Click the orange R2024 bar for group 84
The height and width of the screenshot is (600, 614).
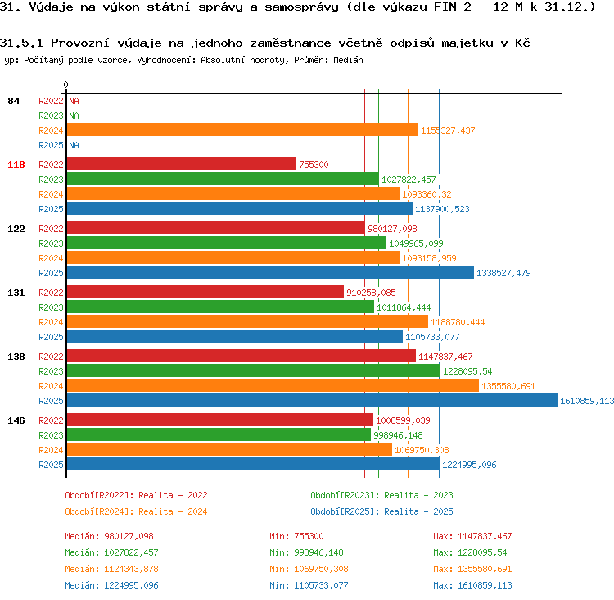(242, 130)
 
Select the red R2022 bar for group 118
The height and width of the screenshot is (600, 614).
(181, 164)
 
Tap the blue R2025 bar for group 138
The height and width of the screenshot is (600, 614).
(312, 400)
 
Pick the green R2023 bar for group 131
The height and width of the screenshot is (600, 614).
(220, 307)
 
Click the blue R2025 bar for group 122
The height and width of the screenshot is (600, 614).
(270, 273)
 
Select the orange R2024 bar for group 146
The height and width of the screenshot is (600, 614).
(229, 449)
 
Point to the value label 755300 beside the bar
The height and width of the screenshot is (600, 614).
(314, 165)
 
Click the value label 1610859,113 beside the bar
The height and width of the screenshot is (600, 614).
(587, 401)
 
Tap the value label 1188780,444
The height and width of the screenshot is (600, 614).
(458, 322)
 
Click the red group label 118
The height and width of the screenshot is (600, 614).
(16, 165)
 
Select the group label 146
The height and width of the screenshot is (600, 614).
(16, 420)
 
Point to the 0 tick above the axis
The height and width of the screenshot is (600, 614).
(65, 84)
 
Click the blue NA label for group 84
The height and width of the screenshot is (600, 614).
(74, 145)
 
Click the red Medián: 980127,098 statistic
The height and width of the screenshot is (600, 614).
(109, 536)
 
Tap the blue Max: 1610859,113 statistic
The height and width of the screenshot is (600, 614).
(472, 585)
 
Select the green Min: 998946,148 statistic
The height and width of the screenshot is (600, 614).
(306, 552)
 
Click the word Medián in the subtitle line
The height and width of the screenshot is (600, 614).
(348, 60)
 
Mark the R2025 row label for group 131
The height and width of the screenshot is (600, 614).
(51, 337)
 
